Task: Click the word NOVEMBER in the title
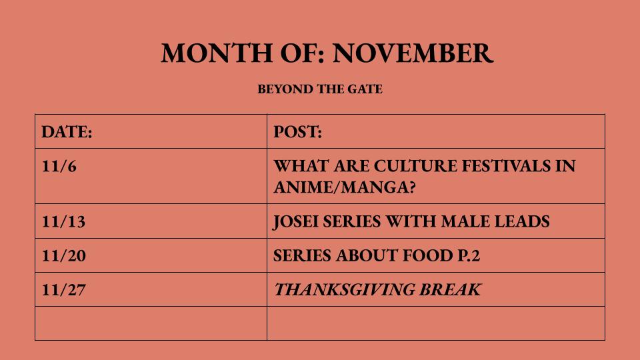click(413, 53)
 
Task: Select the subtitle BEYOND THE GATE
click(320, 89)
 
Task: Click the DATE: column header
click(67, 132)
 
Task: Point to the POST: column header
click(298, 132)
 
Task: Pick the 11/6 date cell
click(59, 166)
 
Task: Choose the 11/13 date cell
click(63, 221)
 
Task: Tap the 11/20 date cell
click(63, 256)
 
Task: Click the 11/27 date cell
click(63, 290)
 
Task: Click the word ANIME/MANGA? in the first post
click(345, 187)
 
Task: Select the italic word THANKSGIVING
click(343, 290)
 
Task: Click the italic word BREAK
click(449, 290)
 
